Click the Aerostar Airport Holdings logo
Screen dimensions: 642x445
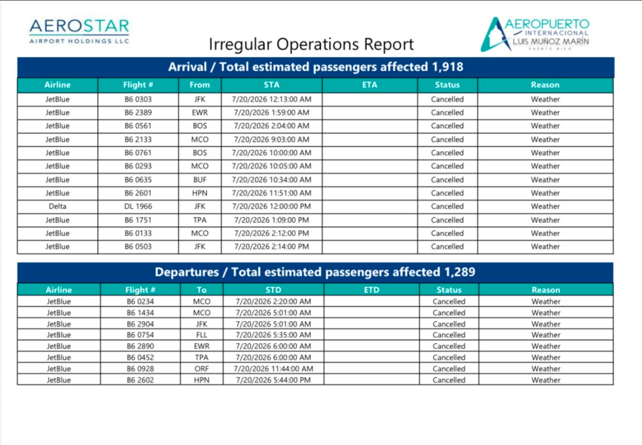click(79, 31)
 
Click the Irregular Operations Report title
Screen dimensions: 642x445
click(311, 44)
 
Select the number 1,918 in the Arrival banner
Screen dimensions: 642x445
click(448, 67)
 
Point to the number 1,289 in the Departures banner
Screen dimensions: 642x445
click(460, 272)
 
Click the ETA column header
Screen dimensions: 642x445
click(370, 85)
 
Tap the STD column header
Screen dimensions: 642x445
click(273, 290)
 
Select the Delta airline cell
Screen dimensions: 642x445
click(58, 206)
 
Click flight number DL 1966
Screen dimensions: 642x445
click(138, 206)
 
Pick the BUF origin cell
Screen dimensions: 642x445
click(200, 180)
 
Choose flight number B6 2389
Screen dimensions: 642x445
click(138, 113)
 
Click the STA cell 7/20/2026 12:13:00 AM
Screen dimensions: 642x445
click(272, 99)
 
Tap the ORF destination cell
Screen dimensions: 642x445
click(202, 369)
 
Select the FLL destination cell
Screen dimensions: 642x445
click(202, 335)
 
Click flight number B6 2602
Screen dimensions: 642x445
click(140, 380)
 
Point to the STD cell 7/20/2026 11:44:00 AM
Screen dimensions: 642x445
click(273, 369)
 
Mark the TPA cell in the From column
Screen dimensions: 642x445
click(200, 220)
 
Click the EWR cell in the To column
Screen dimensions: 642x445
click(202, 346)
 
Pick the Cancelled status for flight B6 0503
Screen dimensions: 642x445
click(447, 246)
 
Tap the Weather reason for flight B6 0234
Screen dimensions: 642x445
click(546, 301)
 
